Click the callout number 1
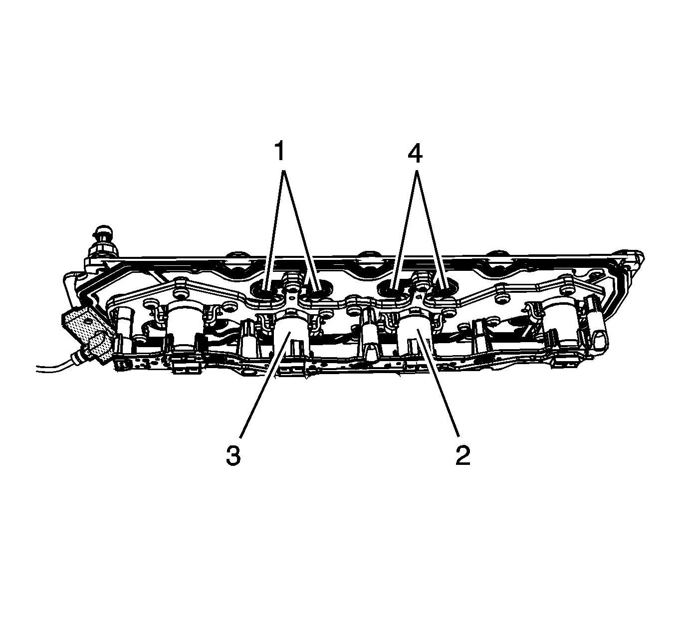(x=280, y=151)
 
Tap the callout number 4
(x=415, y=151)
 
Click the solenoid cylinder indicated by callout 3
(x=291, y=335)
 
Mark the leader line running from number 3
(x=265, y=384)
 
